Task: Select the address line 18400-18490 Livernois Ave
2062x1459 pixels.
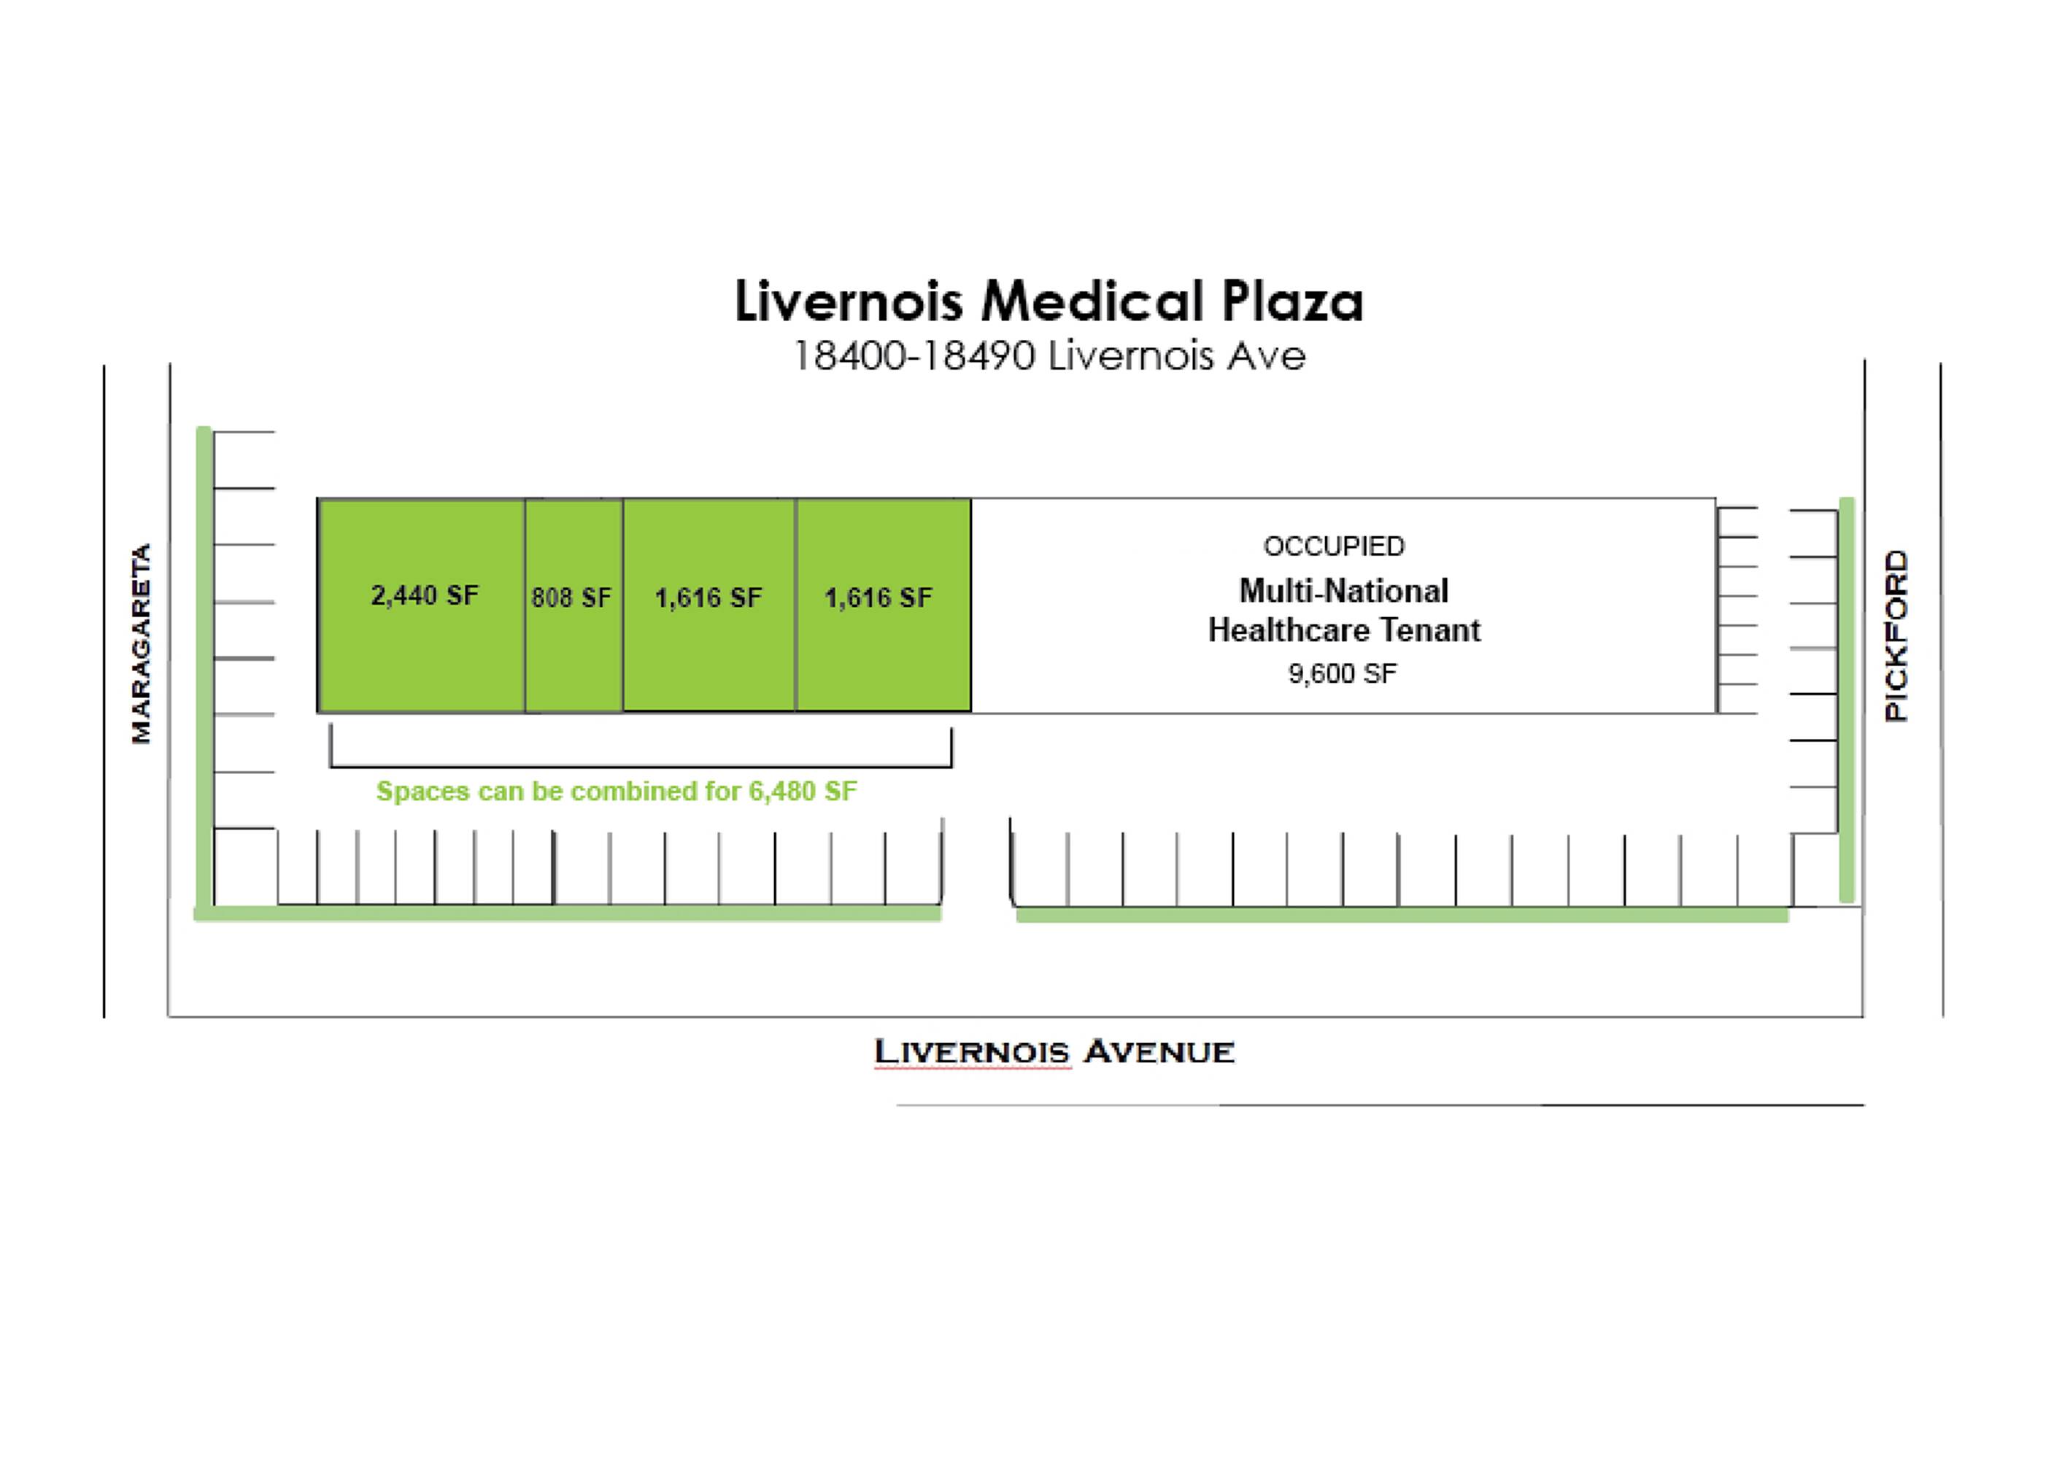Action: point(1048,357)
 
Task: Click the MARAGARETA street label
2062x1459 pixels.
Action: point(141,643)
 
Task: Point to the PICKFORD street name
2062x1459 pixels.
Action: point(1895,635)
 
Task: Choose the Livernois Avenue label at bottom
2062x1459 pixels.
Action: point(1054,1051)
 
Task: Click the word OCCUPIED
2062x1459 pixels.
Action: point(1333,546)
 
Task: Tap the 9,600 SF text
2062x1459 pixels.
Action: point(1343,674)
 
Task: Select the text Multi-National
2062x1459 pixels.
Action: point(1343,591)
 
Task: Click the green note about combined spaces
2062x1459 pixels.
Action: point(617,792)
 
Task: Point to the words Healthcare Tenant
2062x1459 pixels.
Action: point(1343,631)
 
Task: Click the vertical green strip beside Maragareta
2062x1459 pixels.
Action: point(204,665)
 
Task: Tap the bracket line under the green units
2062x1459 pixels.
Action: point(641,766)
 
